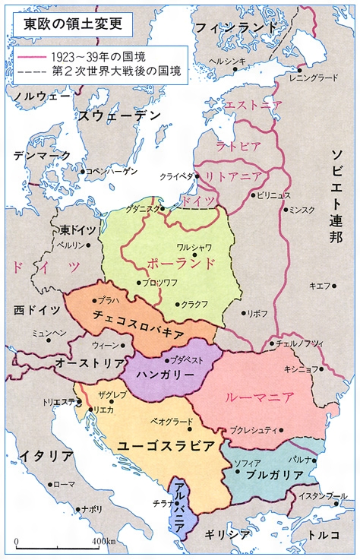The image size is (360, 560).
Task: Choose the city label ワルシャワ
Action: [x=194, y=247]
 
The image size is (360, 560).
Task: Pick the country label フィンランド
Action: [x=238, y=27]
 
